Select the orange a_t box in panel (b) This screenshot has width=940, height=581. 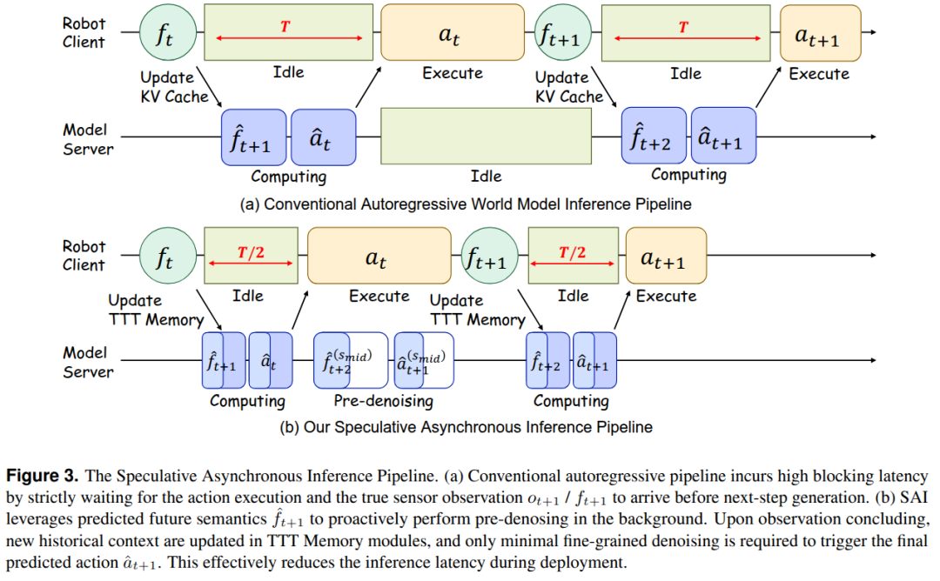click(x=379, y=258)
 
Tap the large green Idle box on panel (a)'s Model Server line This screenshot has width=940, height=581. click(x=486, y=137)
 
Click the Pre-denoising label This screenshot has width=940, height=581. click(x=383, y=401)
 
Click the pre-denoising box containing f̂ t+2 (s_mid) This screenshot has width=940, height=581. click(x=350, y=360)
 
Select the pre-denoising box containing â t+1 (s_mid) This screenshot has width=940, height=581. click(x=424, y=360)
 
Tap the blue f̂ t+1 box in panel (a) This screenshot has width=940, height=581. click(x=253, y=137)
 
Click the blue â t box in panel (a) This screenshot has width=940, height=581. click(x=323, y=137)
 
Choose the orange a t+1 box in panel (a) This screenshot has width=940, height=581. click(x=820, y=34)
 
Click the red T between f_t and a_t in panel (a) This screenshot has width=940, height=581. click(x=285, y=27)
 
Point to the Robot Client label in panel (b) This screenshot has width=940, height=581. click(x=84, y=256)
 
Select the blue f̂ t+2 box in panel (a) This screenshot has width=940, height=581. click(x=653, y=137)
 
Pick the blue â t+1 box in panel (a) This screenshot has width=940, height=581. click(x=722, y=137)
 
